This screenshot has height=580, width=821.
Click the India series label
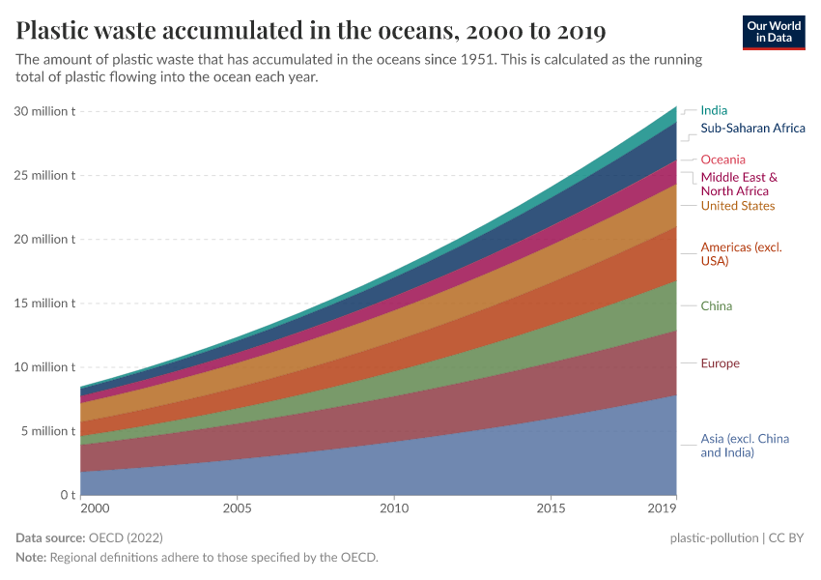(714, 110)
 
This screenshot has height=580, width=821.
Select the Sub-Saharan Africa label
(752, 128)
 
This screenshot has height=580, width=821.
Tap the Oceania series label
(722, 159)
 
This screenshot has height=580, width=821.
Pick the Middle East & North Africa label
(739, 184)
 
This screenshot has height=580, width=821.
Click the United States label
(737, 206)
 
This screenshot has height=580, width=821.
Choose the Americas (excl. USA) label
(741, 254)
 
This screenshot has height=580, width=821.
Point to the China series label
(716, 306)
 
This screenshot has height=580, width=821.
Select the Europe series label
(720, 363)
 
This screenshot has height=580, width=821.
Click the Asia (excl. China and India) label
(745, 446)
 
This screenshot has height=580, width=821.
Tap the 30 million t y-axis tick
(44, 111)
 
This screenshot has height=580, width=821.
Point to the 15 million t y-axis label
(44, 304)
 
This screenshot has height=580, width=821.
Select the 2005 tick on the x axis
(237, 507)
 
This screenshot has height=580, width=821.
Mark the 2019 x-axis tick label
(662, 507)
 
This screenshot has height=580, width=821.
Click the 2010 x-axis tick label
(393, 507)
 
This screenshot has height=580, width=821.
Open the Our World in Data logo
(774, 31)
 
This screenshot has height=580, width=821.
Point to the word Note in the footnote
(32, 558)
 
